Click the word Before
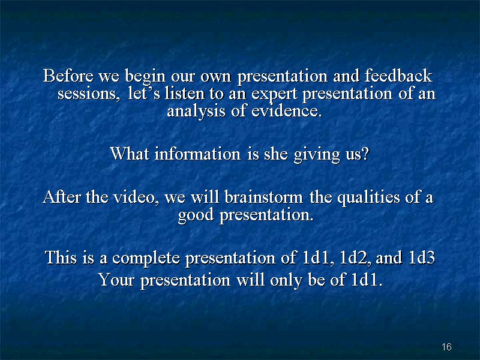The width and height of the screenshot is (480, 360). (68, 76)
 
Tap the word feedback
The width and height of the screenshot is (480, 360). (398, 76)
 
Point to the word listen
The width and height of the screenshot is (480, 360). (184, 93)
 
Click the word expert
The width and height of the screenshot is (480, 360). (274, 94)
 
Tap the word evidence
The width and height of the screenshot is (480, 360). (287, 110)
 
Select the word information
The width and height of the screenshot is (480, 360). (197, 154)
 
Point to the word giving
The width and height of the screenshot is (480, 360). (317, 154)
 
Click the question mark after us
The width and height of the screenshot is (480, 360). (365, 154)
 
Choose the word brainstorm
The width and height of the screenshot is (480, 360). (264, 197)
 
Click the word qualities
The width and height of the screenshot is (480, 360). (368, 197)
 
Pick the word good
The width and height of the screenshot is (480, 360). (196, 215)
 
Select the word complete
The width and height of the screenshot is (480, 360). (146, 257)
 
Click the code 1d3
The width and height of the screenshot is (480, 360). (422, 257)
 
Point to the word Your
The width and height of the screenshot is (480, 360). (116, 280)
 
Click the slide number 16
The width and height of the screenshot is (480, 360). (446, 347)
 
